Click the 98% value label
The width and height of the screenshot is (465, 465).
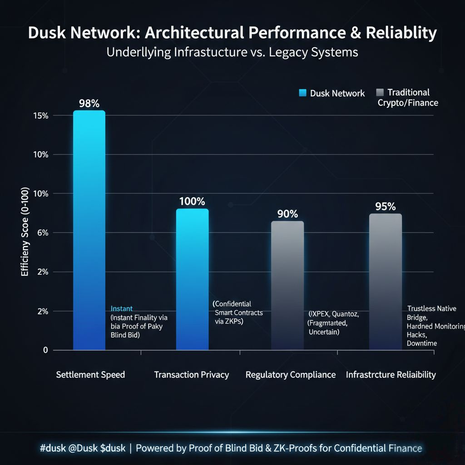[x=89, y=104]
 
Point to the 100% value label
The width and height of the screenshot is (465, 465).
[x=192, y=202]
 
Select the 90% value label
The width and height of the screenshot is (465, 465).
[x=287, y=214]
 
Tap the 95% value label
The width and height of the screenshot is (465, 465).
[x=386, y=207]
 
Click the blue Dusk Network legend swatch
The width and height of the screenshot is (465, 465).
[x=303, y=93]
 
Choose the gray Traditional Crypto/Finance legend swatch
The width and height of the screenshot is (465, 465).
[x=380, y=93]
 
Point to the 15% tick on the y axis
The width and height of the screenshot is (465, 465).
[x=41, y=116]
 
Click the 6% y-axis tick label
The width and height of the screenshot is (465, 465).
[x=43, y=233]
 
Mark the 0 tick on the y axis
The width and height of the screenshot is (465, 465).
[x=45, y=350]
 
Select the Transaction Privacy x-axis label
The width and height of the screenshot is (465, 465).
[x=191, y=375]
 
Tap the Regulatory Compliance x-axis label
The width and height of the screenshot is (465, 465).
[x=291, y=375]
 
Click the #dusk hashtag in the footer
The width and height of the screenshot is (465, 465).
[x=54, y=448]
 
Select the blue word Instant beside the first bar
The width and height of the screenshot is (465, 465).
[x=122, y=309]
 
